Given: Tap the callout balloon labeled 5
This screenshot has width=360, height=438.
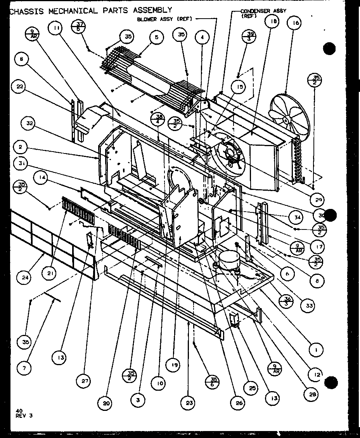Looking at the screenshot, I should (x=156, y=38).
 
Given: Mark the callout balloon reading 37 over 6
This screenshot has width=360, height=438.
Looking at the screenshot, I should (x=79, y=28).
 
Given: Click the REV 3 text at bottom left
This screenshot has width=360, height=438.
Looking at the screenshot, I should (x=24, y=416).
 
